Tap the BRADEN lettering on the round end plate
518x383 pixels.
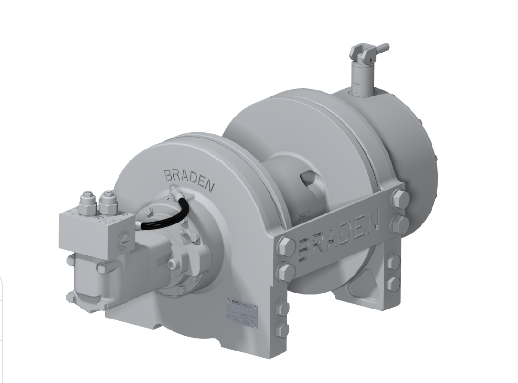click(x=189, y=180)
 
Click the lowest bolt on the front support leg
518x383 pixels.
click(x=282, y=330)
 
